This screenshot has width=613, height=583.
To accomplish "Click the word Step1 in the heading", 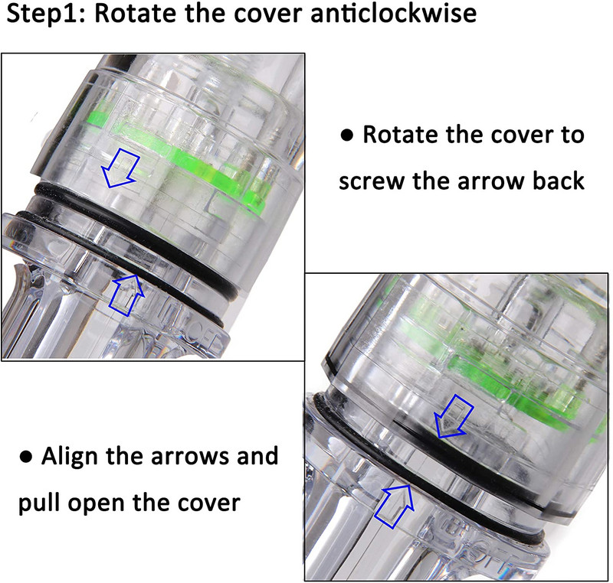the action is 46,14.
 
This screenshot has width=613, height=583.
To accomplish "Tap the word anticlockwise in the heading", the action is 393,13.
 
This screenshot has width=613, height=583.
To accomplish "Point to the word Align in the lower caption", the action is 70,457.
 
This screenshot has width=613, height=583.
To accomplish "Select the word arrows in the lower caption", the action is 190,457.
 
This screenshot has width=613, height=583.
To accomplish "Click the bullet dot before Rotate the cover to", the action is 347,135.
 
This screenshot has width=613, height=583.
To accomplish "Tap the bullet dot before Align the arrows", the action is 25,457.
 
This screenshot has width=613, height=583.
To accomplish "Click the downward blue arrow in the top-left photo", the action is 120,168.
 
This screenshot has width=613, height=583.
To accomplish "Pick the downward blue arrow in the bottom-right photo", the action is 454,415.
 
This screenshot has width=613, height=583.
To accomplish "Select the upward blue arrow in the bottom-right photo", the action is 394,506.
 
